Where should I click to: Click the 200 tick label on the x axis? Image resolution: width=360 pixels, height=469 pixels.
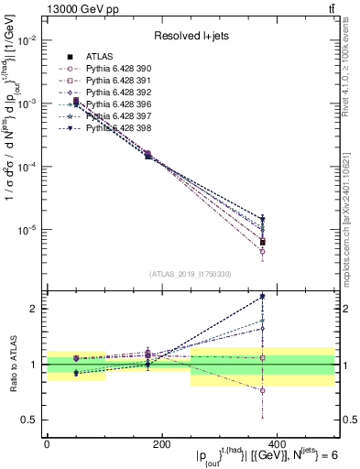(161, 443)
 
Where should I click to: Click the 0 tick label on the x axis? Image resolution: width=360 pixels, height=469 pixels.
(47, 443)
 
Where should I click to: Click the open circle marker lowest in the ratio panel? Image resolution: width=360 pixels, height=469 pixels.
(263, 390)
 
